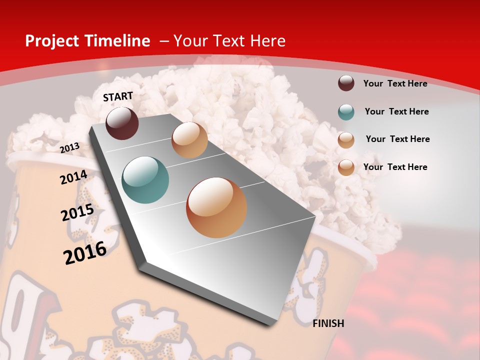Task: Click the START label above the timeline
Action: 118,96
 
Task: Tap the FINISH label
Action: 328,323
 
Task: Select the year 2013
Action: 70,147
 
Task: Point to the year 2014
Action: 74,177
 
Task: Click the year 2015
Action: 77,212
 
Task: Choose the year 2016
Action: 85,252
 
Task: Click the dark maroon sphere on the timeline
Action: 122,123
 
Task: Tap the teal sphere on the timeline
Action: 145,180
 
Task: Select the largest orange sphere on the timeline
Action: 216,207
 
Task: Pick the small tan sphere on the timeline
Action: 189,140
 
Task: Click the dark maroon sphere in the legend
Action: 346,83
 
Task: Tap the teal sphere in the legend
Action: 346,112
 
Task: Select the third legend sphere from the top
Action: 346,140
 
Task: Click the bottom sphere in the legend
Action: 346,167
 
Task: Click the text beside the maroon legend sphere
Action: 395,83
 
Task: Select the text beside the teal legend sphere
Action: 396,111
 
